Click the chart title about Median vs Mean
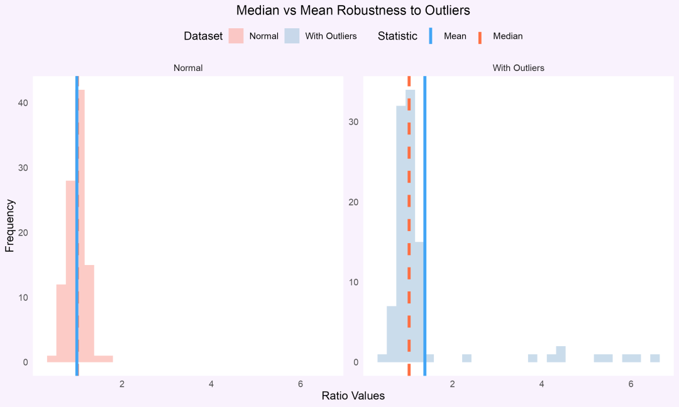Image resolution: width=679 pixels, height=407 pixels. [x=353, y=11]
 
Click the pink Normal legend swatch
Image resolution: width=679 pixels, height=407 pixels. [x=236, y=36]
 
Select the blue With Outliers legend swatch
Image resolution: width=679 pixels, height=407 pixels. [x=292, y=36]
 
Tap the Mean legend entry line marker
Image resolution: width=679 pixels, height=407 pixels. [x=431, y=36]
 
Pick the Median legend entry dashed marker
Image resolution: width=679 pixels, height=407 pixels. [x=480, y=36]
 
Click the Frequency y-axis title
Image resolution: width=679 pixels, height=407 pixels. [x=9, y=225]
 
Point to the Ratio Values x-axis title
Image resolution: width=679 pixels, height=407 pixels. [x=353, y=396]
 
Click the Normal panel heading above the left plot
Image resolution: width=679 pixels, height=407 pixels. [x=188, y=68]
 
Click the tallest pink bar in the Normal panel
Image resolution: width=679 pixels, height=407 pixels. [x=82, y=226]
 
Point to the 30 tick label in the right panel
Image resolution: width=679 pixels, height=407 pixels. [x=354, y=122]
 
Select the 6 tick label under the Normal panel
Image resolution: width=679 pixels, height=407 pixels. [x=301, y=384]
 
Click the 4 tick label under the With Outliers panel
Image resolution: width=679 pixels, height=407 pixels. [x=541, y=384]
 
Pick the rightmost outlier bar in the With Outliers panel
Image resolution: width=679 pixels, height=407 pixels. [x=655, y=359]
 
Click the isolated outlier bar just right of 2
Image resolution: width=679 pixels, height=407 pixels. [x=466, y=359]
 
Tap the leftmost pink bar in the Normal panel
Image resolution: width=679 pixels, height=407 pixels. [x=52, y=359]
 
